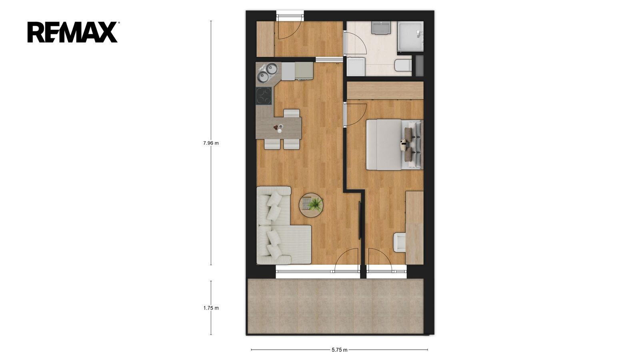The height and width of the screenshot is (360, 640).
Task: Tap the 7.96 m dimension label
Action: click(211, 143)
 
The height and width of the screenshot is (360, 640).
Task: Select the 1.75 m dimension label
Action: click(211, 308)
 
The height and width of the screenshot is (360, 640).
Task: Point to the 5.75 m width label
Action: click(340, 350)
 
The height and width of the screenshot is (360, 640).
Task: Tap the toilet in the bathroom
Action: click(403, 66)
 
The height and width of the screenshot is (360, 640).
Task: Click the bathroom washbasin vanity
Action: click(381, 28)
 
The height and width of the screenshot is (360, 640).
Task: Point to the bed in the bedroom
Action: click(394, 145)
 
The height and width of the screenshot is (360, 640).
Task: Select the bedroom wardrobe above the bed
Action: click(385, 90)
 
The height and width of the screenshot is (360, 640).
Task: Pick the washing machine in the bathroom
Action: click(356, 66)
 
